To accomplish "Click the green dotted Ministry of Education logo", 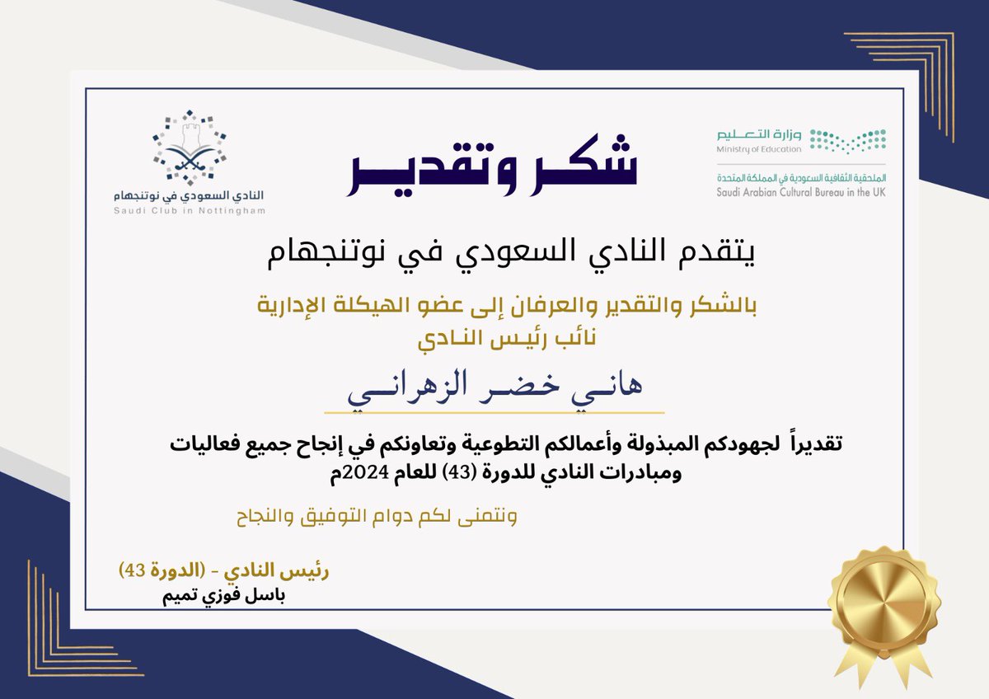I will pos(846,140).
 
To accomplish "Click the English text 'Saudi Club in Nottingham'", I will pos(190,211).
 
